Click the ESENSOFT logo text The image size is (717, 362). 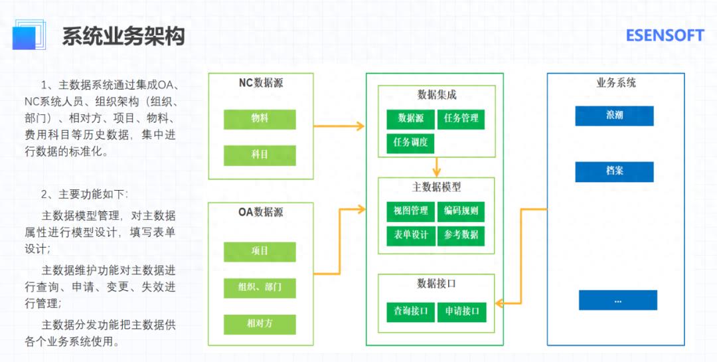tap(665, 36)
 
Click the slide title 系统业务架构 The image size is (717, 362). tap(123, 36)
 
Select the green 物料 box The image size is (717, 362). tap(260, 118)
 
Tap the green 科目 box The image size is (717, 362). tap(260, 155)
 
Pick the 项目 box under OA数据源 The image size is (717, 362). tap(260, 251)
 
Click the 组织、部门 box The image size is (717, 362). tap(260, 288)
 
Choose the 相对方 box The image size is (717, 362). tap(260, 324)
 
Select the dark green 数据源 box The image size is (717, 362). tap(411, 119)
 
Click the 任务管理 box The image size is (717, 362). tap(461, 119)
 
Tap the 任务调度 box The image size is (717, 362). tap(411, 143)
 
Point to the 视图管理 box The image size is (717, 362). tap(411, 211)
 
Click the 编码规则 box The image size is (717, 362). tap(461, 211)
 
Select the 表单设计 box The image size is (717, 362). tap(411, 235)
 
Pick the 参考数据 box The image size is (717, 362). tap(461, 235)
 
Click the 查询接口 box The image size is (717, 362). tap(411, 312)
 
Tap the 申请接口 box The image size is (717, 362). tap(461, 312)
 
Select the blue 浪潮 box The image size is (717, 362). tap(614, 116)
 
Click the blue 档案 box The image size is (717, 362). tap(614, 171)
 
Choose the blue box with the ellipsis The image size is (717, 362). tap(617, 300)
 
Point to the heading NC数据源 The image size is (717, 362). tap(261, 84)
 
